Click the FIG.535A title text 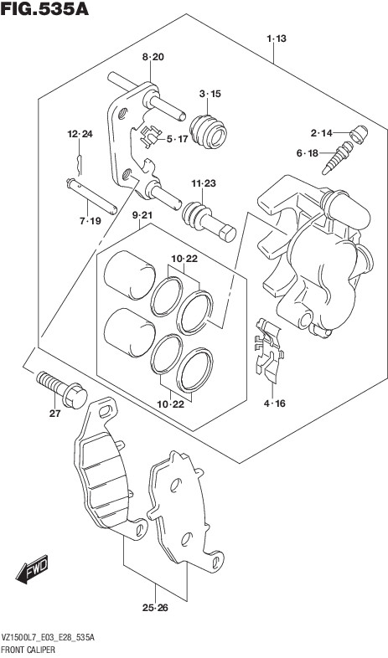(x=44, y=9)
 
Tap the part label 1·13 (x=277, y=39)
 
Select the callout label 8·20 (x=153, y=58)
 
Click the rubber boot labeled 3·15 (x=208, y=131)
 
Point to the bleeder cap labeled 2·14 (x=359, y=134)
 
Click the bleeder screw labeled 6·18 (x=338, y=158)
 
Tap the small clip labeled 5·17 (x=150, y=136)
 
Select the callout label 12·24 (x=80, y=134)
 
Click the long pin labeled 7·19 (x=91, y=197)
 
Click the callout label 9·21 (x=142, y=216)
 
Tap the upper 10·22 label (x=184, y=259)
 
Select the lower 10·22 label (x=172, y=404)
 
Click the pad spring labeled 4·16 (x=269, y=352)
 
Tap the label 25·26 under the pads (x=155, y=608)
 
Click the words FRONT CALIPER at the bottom (x=28, y=650)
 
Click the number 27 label (x=54, y=414)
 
